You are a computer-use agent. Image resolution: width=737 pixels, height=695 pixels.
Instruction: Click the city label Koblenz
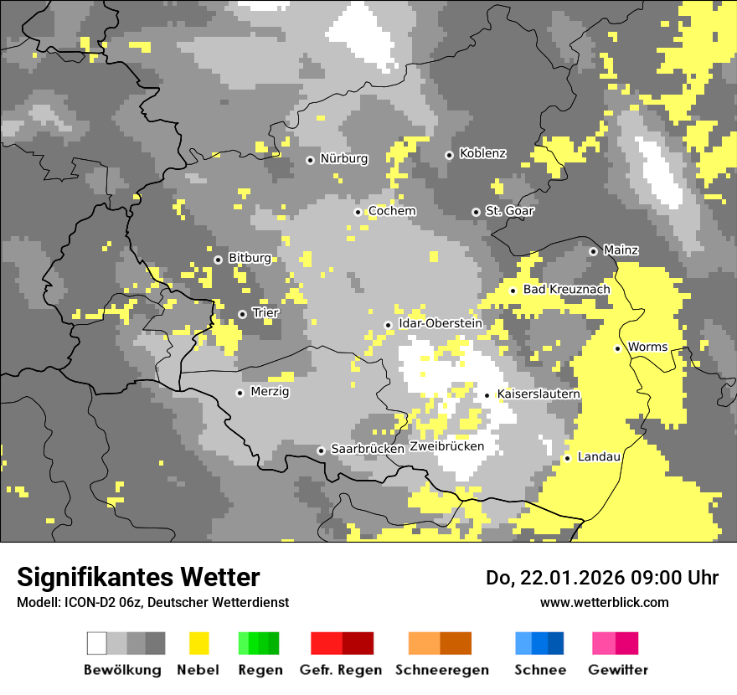[482, 153]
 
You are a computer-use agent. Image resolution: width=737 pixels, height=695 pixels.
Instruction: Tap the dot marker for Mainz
[593, 251]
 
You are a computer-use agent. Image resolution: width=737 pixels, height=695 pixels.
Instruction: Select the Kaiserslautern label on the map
[539, 394]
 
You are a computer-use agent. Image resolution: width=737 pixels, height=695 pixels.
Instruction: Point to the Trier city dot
[242, 314]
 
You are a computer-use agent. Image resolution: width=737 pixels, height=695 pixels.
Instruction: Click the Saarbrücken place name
[368, 449]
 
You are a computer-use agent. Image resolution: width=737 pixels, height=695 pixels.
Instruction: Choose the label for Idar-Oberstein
[440, 323]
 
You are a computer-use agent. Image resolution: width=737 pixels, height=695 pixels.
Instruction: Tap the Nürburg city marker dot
[310, 159]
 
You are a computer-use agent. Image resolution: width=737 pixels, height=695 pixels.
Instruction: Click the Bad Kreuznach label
[566, 289]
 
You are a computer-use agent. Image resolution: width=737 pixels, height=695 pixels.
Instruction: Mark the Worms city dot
[617, 348]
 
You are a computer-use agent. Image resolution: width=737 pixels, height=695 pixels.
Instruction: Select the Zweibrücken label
[447, 446]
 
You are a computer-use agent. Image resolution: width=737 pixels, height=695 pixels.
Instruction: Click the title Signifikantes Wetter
[138, 577]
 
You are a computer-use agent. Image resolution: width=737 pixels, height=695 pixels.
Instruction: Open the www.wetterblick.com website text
[604, 602]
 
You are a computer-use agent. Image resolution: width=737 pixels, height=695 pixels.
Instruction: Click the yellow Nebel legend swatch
[198, 643]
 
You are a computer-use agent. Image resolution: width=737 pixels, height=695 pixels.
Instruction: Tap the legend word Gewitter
[618, 670]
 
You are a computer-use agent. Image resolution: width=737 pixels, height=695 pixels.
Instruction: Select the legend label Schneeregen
[442, 670]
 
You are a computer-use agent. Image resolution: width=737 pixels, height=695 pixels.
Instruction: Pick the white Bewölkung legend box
[96, 643]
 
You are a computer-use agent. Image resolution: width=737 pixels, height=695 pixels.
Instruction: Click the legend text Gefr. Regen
[341, 670]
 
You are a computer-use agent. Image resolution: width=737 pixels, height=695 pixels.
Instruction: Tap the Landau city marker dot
[567, 458]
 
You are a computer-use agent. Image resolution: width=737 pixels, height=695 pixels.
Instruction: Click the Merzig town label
[270, 391]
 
